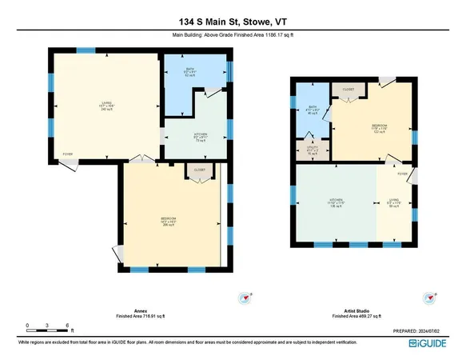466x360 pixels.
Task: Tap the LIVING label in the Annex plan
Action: tap(82, 102)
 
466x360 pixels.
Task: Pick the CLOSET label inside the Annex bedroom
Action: tap(196, 170)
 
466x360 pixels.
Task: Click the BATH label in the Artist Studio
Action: tap(313, 109)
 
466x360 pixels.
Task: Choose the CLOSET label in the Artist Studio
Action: tap(348, 90)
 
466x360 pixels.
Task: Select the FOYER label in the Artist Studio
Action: tap(402, 173)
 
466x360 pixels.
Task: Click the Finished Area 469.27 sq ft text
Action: tap(349, 315)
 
